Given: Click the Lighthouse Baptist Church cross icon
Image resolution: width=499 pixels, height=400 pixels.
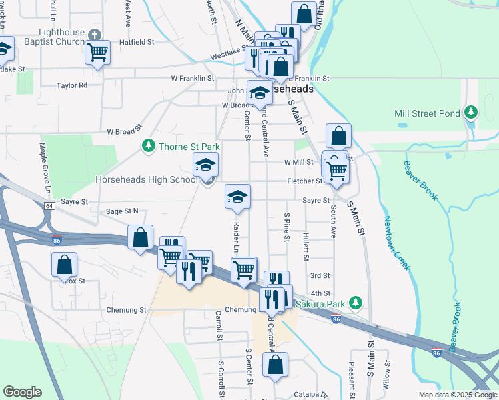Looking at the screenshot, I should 95,34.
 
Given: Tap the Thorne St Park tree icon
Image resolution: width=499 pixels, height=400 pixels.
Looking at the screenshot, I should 147,145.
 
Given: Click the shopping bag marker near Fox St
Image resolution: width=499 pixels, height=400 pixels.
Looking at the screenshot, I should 64,265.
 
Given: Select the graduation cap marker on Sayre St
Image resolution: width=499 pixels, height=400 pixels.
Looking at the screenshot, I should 237,196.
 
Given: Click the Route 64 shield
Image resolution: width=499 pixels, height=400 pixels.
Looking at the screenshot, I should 50,206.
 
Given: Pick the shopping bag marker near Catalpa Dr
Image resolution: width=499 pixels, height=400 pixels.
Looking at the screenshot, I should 274,365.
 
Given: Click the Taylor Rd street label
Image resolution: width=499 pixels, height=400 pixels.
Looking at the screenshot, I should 72,85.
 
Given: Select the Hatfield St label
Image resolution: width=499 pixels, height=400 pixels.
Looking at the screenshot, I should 137,41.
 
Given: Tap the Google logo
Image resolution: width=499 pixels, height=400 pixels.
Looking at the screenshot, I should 22,392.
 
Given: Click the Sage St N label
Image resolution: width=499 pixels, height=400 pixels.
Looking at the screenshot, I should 122,211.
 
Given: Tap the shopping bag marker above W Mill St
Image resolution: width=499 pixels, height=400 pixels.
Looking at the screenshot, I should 339,136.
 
